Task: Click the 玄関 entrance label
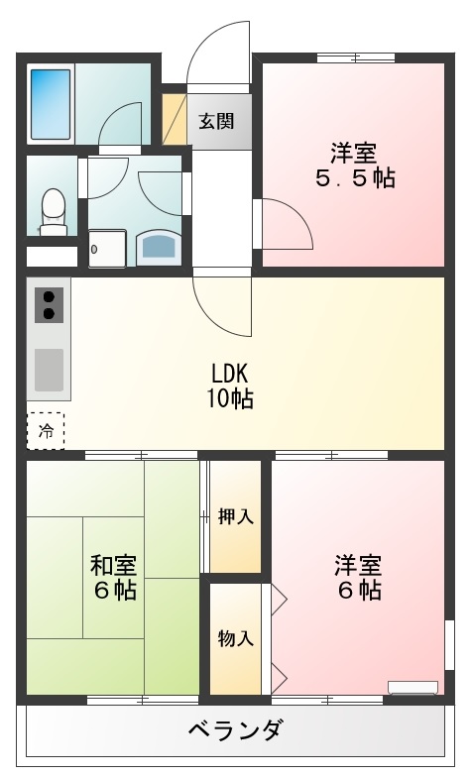[216, 121]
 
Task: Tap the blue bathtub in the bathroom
[51, 104]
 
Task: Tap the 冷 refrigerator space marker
[46, 430]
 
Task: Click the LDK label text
[234, 374]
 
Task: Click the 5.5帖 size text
[354, 179]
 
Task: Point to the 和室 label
[113, 566]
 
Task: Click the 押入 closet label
[235, 516]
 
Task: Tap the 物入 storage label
[235, 638]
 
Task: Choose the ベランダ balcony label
[235, 731]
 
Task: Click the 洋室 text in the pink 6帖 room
[357, 566]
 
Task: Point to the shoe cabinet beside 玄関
[175, 119]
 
